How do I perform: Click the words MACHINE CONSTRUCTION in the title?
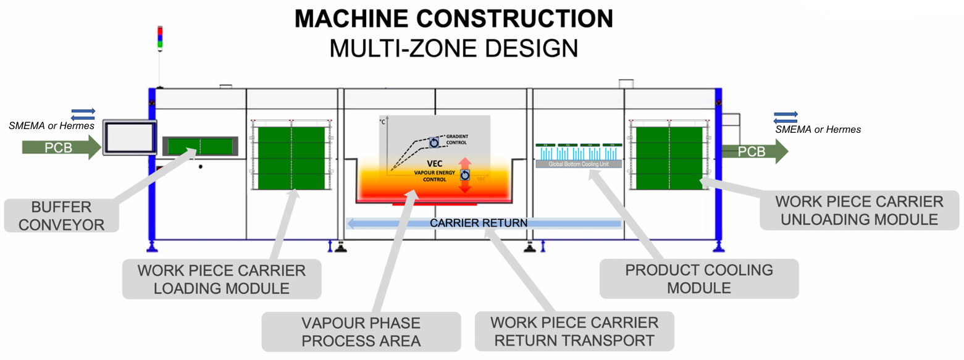coord(453,19)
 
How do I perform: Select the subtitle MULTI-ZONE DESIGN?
coord(453,48)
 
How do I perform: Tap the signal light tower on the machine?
coord(160,37)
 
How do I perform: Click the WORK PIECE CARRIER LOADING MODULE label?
coord(222,279)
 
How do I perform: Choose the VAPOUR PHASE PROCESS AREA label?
coord(361,331)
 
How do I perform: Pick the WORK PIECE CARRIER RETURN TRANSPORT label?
coord(574,331)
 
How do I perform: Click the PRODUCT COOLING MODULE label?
coord(699,278)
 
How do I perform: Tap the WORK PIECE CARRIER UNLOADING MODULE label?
coord(859,210)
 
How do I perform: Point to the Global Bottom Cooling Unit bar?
coord(577,165)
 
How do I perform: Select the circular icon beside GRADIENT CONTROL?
coord(435,143)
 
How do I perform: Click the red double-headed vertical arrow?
coord(465,175)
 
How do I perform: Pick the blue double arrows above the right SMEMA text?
coord(786,115)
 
